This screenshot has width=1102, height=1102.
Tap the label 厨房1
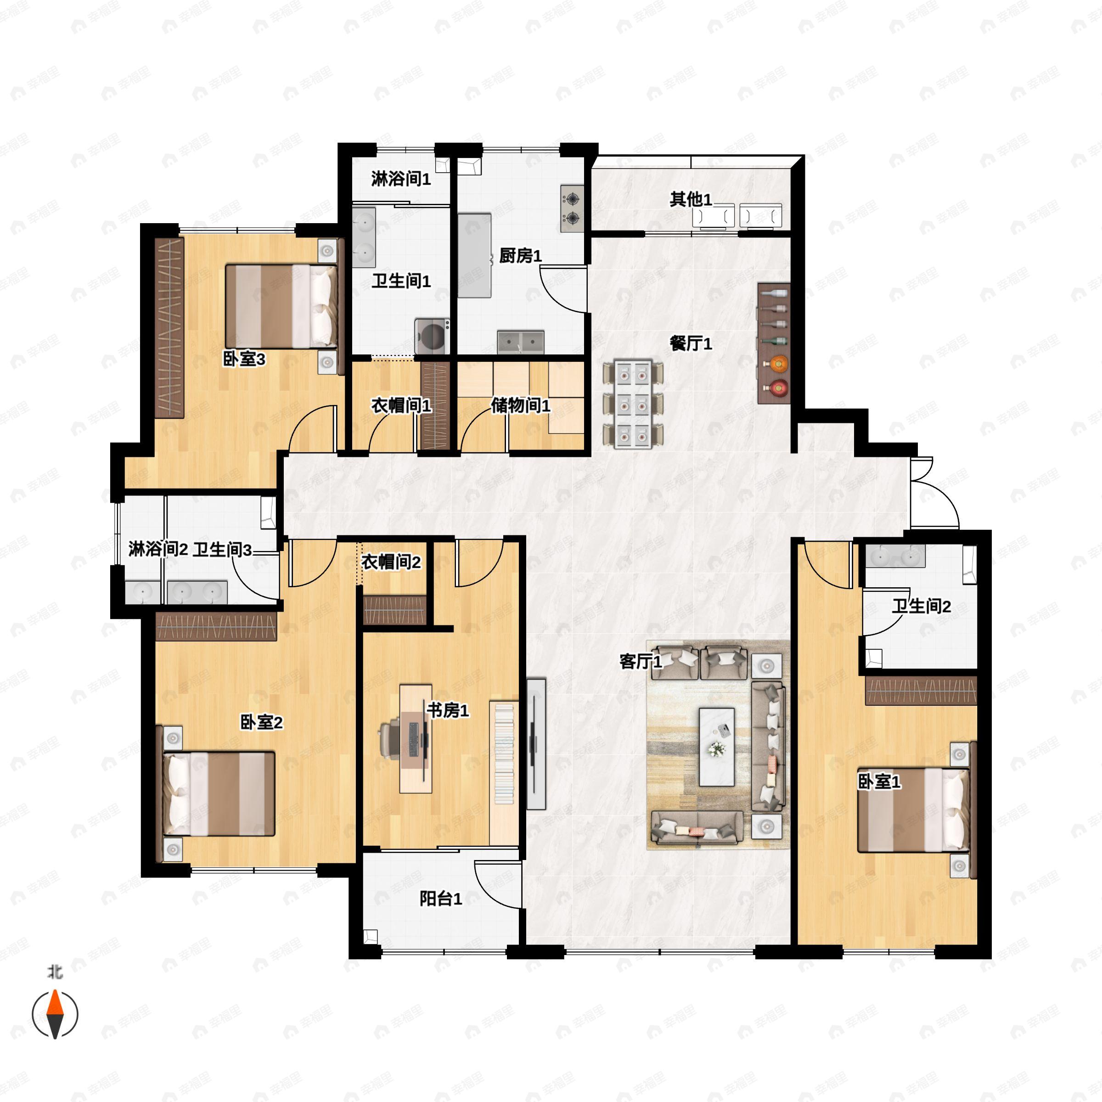(x=520, y=256)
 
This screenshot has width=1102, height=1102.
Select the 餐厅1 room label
(x=691, y=343)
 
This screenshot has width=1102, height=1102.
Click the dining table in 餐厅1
(x=634, y=404)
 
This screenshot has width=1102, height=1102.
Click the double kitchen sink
(x=520, y=342)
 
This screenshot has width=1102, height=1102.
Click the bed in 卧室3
(x=281, y=306)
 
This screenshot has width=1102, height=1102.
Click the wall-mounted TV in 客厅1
(x=535, y=744)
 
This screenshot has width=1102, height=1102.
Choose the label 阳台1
(x=440, y=899)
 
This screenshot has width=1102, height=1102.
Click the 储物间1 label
(x=520, y=405)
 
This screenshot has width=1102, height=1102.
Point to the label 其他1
(x=691, y=199)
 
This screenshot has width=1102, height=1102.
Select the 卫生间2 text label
(x=921, y=606)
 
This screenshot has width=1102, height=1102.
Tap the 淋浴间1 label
(x=401, y=179)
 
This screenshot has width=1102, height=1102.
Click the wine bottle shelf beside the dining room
(x=774, y=343)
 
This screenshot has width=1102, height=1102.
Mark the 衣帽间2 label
(x=391, y=562)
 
